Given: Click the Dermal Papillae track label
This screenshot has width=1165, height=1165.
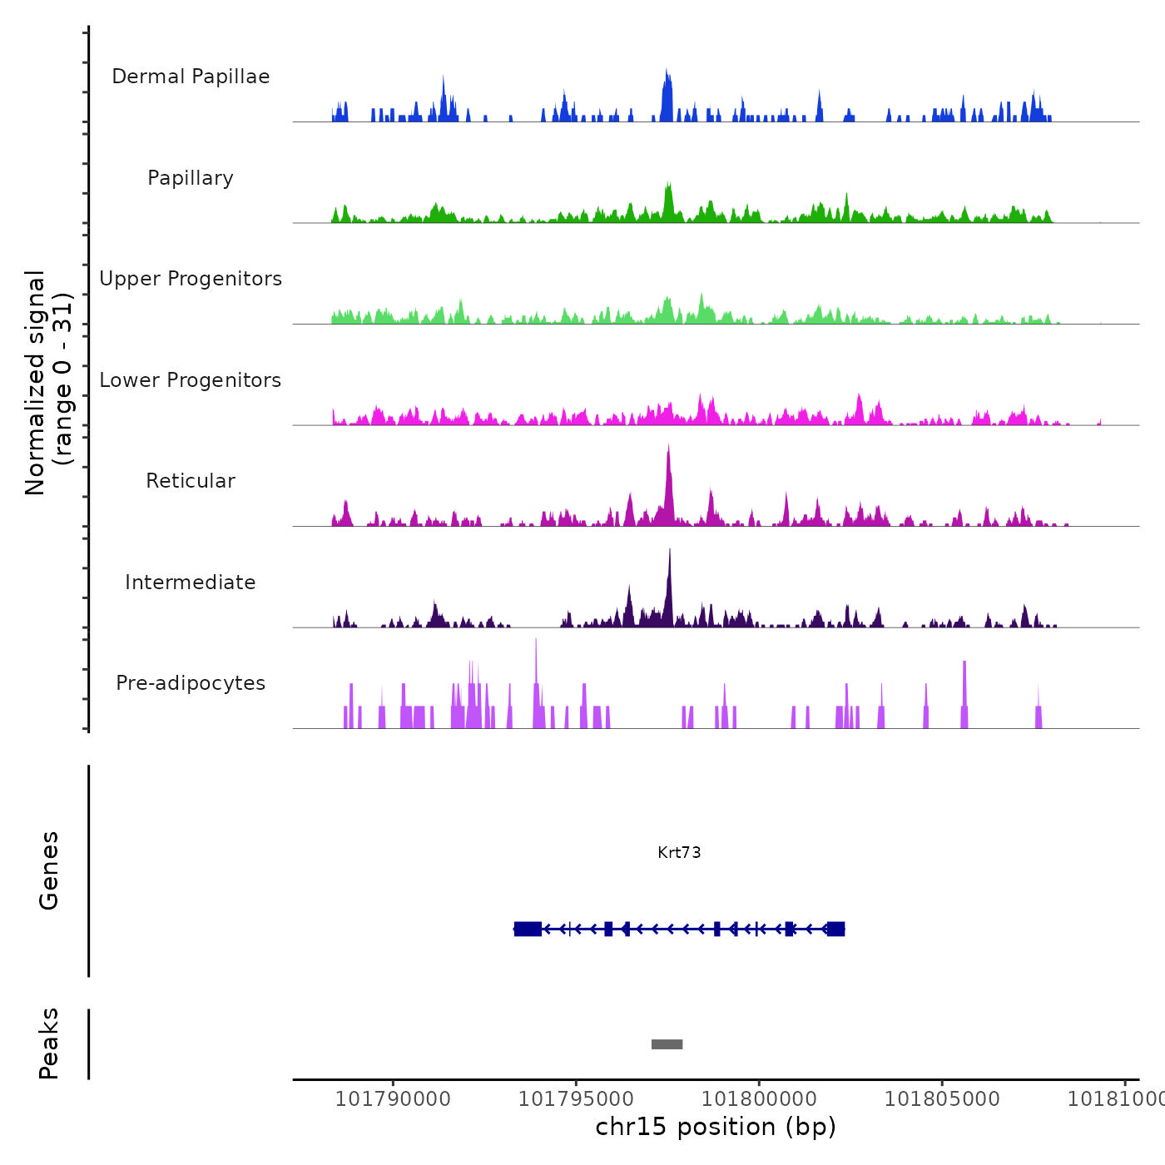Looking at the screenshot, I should [191, 77].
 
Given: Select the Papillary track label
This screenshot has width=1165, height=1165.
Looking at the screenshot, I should [191, 178].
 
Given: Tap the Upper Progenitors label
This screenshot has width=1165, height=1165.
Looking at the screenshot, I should [191, 279].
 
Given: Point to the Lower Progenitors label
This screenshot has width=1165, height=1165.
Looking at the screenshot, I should [191, 380].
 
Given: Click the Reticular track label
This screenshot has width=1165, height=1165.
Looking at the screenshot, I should [191, 481].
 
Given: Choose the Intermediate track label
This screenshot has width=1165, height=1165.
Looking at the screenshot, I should [191, 582].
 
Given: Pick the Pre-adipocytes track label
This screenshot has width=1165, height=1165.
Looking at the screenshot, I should [191, 683].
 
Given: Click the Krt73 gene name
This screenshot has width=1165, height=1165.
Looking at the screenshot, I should [679, 852].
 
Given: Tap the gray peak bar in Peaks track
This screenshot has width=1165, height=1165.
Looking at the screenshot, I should [667, 1044].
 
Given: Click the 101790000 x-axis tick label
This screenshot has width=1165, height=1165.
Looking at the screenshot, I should [393, 1099].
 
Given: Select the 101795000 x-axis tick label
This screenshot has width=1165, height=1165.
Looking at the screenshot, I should [576, 1099].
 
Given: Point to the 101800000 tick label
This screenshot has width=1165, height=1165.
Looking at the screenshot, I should [759, 1099].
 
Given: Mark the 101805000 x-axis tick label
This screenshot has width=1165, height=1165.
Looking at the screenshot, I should [942, 1099].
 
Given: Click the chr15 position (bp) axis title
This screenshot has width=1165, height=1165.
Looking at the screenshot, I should [716, 1128].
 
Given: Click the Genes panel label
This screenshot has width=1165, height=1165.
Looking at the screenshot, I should [49, 870].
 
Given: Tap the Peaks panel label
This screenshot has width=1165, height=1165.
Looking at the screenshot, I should [49, 1044].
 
